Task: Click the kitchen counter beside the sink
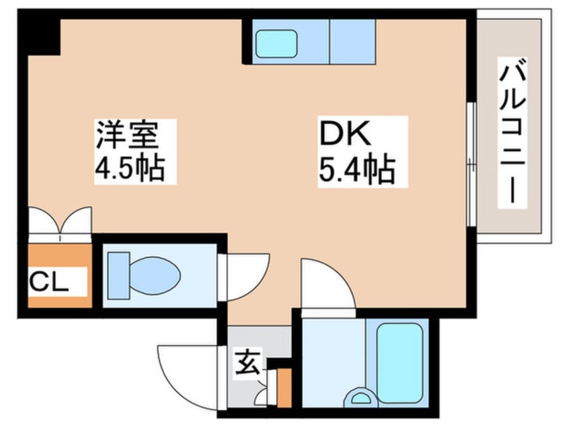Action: tap(351, 40)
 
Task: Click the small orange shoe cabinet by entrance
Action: tap(284, 389)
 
